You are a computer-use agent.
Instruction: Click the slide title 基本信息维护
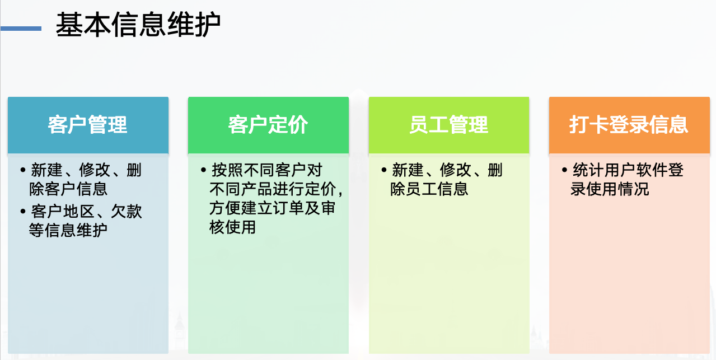(x=138, y=25)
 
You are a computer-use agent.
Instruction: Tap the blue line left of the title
(x=21, y=29)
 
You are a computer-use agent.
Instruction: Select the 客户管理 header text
(x=87, y=125)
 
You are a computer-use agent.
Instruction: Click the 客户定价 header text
(x=268, y=125)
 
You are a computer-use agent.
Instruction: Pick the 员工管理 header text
(x=448, y=125)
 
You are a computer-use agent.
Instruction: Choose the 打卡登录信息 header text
(x=629, y=125)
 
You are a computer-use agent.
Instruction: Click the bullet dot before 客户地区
(x=23, y=211)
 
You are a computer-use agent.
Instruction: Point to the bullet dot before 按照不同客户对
(x=203, y=170)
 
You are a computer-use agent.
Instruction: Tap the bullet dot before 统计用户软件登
(x=564, y=170)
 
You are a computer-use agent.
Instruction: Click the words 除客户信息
(x=68, y=189)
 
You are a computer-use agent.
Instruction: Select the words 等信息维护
(x=68, y=230)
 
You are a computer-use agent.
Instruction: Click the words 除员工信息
(x=429, y=189)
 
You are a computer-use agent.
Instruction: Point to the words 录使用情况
(x=610, y=189)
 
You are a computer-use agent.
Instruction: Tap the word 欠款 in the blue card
(x=127, y=211)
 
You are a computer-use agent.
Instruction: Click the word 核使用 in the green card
(x=232, y=227)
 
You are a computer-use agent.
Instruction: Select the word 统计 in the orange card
(x=588, y=170)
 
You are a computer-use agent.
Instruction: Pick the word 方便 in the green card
(x=225, y=208)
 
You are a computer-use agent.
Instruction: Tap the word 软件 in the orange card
(x=652, y=170)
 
